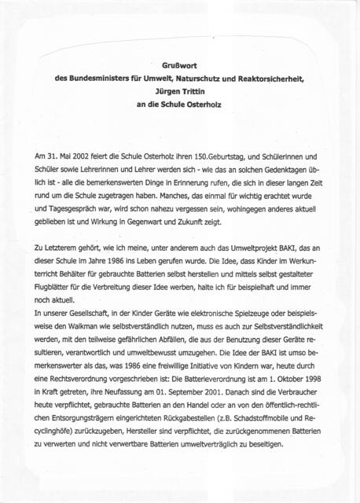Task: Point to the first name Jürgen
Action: tap(163, 91)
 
